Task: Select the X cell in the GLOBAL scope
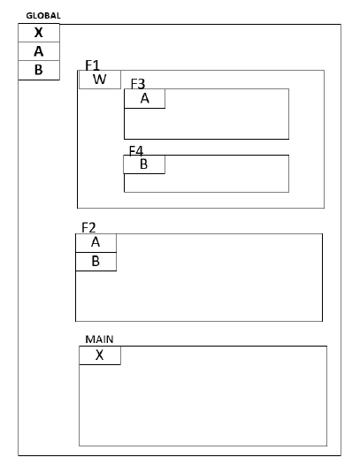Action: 38,33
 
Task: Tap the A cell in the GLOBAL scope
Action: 38,51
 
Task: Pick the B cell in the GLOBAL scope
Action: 38,70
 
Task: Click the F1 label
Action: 93,65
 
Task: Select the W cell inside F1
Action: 99,80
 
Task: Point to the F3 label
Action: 138,83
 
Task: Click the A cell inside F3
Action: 144,98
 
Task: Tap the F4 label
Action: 137,150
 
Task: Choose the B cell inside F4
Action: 144,164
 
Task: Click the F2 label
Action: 89,227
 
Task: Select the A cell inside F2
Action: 96,242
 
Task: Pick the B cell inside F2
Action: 96,262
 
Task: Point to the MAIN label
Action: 99,339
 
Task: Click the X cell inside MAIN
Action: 99,355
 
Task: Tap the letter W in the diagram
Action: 99,80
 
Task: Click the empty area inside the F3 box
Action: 221,119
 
